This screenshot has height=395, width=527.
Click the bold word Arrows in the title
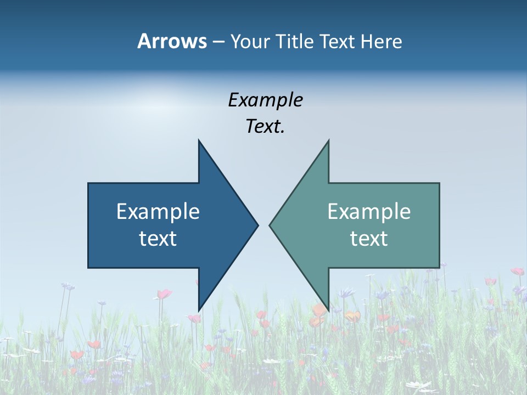[x=172, y=41]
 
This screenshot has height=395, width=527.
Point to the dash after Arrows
[x=218, y=42]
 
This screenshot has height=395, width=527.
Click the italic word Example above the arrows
[x=265, y=100]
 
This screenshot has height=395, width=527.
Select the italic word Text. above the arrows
[x=265, y=127]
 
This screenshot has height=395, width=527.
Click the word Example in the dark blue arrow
[x=158, y=212]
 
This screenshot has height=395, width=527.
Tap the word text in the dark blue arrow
[x=158, y=239]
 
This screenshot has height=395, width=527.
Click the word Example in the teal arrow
[x=369, y=212]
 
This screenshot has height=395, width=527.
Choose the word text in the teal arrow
[x=369, y=239]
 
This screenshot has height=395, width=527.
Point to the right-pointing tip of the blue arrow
[x=257, y=224]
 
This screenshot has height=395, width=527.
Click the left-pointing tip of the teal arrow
[x=270, y=224]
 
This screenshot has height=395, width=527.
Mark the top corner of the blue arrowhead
[x=199, y=140]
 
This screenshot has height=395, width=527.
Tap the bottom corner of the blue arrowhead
[x=199, y=310]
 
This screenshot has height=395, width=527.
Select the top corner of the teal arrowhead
[x=328, y=140]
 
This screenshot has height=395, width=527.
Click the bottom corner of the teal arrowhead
[x=328, y=310]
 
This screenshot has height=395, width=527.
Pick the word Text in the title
[x=337, y=42]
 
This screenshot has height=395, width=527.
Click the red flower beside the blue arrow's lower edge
[x=164, y=294]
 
